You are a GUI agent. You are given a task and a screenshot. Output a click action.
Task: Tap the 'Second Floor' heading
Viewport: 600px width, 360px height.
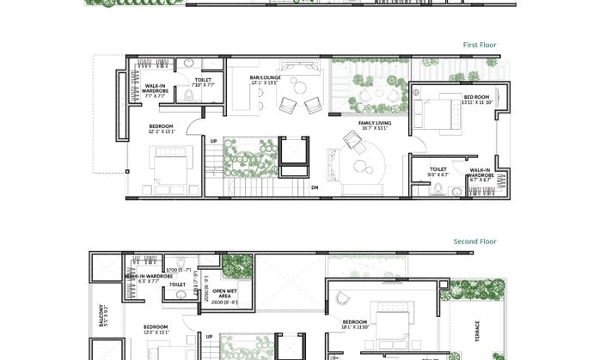(475, 241)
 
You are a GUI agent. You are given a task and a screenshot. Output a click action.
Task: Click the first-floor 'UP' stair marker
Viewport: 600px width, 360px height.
(213, 141)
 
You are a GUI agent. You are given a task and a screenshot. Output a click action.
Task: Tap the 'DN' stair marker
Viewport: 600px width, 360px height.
(315, 186)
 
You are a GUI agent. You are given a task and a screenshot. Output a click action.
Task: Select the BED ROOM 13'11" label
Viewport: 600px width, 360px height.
(475, 99)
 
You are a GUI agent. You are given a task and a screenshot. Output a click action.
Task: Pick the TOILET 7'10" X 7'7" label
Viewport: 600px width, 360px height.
(203, 82)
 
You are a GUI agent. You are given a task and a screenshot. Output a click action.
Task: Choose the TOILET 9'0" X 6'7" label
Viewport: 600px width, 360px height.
(438, 172)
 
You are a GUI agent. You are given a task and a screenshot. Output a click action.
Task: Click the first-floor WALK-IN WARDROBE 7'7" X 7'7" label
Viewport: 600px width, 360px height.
(156, 90)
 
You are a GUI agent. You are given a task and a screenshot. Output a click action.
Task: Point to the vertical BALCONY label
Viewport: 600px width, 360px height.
(102, 316)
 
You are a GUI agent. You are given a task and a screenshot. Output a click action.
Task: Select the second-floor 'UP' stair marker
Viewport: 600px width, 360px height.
(209, 336)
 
